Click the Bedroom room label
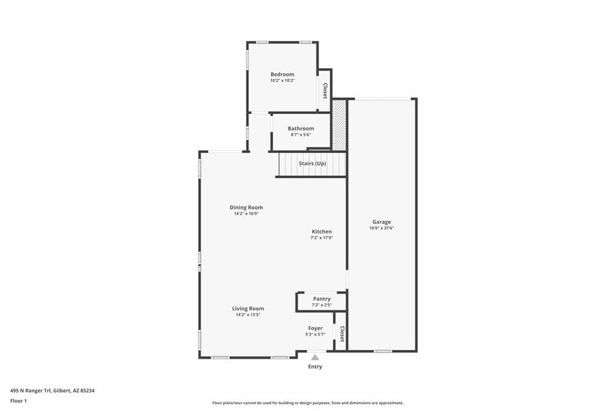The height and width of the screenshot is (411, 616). (282, 74)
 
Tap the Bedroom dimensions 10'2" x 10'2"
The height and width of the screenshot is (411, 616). (282, 80)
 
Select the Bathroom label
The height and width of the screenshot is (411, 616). (301, 129)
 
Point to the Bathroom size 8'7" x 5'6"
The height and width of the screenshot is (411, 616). (301, 135)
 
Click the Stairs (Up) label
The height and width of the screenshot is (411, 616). (312, 164)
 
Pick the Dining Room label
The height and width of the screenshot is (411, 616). (247, 207)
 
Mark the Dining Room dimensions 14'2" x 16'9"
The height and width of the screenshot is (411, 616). (247, 213)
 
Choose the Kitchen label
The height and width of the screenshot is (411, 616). (322, 231)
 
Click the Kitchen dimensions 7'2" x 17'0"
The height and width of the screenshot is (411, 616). (322, 238)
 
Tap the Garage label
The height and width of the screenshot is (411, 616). (381, 222)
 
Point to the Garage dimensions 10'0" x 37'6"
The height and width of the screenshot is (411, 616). (381, 229)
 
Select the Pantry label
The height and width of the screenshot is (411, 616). (322, 298)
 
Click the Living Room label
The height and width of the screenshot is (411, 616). (248, 308)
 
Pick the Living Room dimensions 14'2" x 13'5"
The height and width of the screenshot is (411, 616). (248, 315)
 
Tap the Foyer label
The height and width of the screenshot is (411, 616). (316, 328)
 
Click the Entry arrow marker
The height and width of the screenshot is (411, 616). (315, 357)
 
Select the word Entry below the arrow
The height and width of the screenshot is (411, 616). (315, 366)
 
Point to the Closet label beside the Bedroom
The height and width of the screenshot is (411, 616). (325, 91)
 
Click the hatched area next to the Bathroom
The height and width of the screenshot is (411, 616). (339, 125)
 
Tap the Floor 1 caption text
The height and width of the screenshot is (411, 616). (18, 401)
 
